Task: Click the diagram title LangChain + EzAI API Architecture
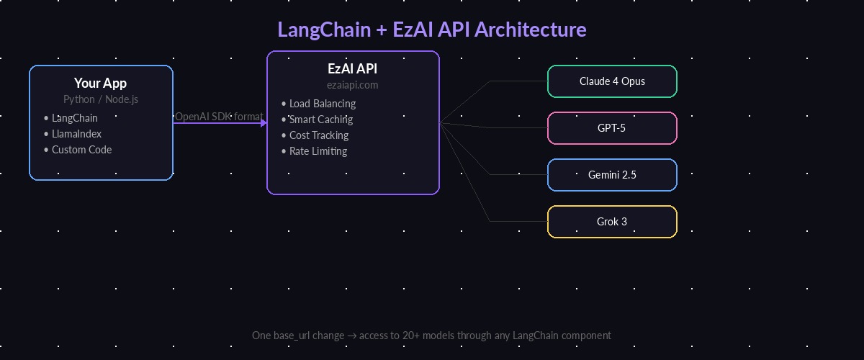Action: (432, 30)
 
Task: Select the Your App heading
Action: (100, 84)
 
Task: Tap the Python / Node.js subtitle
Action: (100, 99)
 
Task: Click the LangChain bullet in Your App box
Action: (74, 118)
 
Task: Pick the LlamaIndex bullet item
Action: (76, 134)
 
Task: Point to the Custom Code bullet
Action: (81, 150)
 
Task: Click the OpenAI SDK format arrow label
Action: (219, 116)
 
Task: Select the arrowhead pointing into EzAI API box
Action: (264, 123)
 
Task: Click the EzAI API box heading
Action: (352, 69)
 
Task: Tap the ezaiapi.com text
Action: (352, 85)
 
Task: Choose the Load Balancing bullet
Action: (322, 104)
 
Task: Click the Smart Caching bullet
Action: (320, 120)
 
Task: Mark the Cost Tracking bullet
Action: (318, 135)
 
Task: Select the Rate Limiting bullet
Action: (318, 151)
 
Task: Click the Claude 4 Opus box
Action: (612, 81)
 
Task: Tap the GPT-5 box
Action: (612, 128)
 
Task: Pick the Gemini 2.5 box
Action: (612, 175)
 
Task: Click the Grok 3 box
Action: (612, 222)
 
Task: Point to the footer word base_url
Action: (292, 336)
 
